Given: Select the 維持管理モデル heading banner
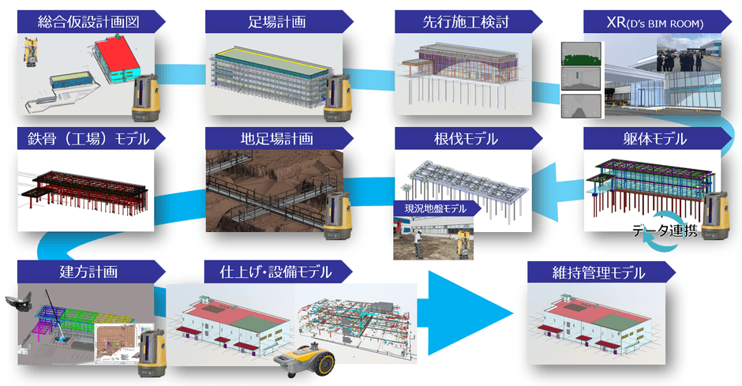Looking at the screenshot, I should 599,273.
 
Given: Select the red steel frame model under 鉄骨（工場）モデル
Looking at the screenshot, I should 82,186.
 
